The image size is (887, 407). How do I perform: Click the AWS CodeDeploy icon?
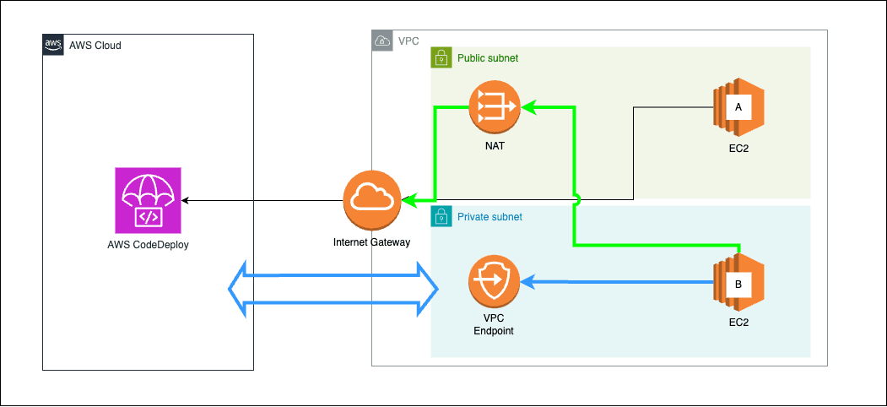point(149,199)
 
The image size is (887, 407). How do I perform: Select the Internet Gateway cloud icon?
point(371,200)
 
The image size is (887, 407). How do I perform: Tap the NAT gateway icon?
point(494,107)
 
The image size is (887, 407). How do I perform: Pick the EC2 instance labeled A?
point(738,108)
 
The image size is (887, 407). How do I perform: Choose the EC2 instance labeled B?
point(738,285)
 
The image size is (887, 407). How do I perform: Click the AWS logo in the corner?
point(53,45)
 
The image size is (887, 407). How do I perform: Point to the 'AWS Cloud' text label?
point(95,46)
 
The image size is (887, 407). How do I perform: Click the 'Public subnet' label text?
point(488,58)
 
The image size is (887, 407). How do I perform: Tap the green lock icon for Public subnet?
point(441,57)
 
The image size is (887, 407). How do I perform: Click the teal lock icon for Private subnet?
point(441,216)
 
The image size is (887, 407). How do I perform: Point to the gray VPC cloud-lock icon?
point(382,41)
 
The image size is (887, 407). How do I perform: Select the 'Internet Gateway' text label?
point(371,242)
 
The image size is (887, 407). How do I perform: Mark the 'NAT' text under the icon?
point(494,146)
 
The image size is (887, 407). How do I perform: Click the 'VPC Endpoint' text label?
point(493,324)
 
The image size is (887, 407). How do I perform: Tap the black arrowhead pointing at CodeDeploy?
point(185,200)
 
